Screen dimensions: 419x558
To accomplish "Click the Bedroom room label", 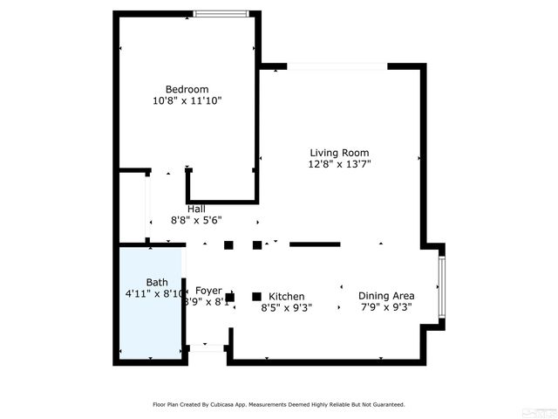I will click(x=187, y=89).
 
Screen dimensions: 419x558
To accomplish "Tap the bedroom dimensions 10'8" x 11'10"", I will click(x=187, y=101).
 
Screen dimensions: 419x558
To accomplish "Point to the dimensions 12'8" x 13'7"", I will click(x=339, y=163).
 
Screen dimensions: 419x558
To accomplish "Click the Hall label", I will click(x=196, y=209).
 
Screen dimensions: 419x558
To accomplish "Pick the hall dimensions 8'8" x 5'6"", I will click(x=196, y=221).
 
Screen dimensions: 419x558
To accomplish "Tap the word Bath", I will click(x=157, y=282).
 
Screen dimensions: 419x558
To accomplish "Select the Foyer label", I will click(x=208, y=291).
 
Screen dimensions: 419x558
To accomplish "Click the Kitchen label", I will click(x=286, y=296).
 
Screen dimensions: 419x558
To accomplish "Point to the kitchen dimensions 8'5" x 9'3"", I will click(x=286, y=307).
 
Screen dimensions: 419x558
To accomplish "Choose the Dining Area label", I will click(x=386, y=296).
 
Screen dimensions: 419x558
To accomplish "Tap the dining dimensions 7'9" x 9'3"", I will click(x=385, y=307).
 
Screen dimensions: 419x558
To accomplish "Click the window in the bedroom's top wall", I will click(x=221, y=13).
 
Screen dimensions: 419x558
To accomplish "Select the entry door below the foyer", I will click(x=208, y=348).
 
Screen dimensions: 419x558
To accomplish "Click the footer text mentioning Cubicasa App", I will click(x=279, y=404).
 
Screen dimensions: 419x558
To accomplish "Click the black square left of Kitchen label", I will click(x=256, y=296).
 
